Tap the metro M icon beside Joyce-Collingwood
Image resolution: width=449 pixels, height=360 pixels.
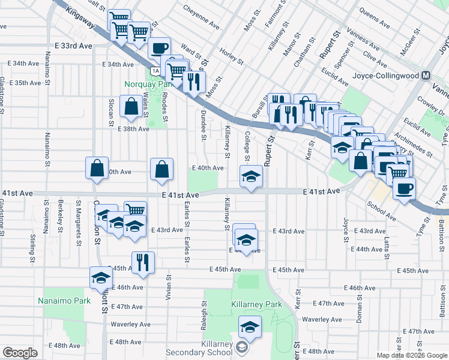point(426,76)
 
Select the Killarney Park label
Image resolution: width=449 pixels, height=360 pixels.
point(256,305)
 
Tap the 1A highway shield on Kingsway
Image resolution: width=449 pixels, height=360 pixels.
point(155,71)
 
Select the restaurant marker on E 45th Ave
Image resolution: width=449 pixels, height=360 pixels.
point(143,262)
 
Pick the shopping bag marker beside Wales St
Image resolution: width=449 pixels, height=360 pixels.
point(131,107)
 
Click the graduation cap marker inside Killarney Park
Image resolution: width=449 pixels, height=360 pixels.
point(248,328)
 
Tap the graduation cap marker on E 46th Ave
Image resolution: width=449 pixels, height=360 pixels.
point(101,277)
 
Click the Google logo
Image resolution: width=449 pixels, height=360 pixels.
point(20,352)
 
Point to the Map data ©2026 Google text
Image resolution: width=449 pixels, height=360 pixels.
point(412,355)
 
